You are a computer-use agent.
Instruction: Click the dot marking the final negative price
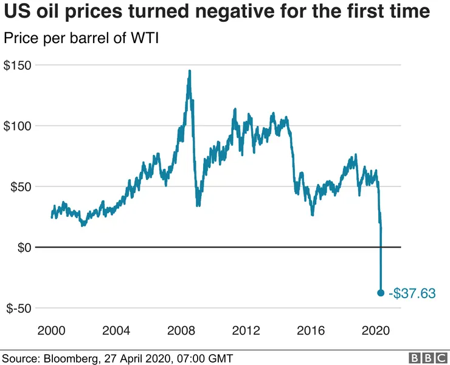pyautogui.click(x=381, y=293)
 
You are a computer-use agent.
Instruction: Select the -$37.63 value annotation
pyautogui.click(x=412, y=293)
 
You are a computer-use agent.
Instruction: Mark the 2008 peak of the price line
pyautogui.click(x=189, y=71)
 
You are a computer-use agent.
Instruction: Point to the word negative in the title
pyautogui.click(x=216, y=12)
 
